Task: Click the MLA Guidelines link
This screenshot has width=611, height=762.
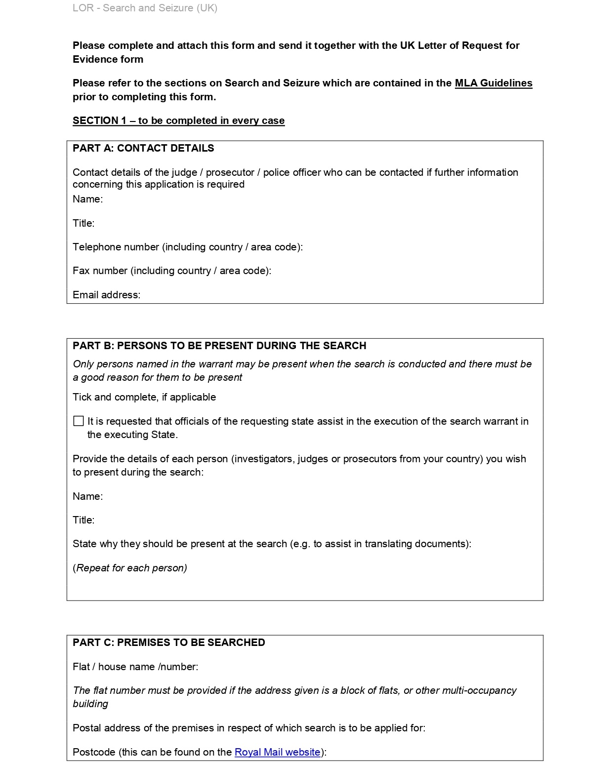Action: [493, 83]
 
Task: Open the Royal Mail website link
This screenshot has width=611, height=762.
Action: [277, 752]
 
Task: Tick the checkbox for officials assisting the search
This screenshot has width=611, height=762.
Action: [79, 421]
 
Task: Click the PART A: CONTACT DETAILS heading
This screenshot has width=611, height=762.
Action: [143, 148]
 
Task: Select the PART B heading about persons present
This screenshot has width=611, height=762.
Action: [219, 346]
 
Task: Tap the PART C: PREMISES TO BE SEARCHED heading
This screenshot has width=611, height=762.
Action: [169, 642]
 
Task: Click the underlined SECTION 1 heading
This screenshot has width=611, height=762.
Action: [178, 120]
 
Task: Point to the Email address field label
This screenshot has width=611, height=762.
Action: [106, 295]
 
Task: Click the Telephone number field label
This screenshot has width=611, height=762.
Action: [187, 247]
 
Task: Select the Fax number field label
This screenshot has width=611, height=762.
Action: [171, 271]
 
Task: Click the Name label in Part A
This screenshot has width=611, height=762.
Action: [87, 199]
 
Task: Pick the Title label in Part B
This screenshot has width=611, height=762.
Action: [83, 520]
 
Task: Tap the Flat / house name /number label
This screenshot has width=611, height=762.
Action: [135, 667]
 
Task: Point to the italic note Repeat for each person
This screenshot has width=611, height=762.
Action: [130, 568]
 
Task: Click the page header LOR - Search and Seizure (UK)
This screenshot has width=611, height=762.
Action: [145, 8]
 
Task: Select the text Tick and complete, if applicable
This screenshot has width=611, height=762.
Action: [144, 397]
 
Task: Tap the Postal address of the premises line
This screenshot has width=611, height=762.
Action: [248, 728]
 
